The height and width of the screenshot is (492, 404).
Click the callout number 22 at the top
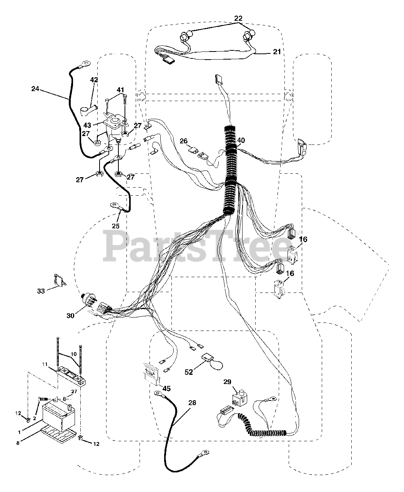239,18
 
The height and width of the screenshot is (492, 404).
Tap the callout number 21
277,52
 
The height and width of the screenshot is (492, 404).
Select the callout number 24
35,89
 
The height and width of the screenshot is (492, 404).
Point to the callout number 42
94,80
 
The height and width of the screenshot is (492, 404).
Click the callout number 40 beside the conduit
241,141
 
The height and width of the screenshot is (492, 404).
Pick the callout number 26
184,141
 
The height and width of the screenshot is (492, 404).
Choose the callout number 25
116,226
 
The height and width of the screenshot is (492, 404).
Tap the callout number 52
189,372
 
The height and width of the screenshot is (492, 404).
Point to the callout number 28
192,403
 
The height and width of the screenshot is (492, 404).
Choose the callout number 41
121,90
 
